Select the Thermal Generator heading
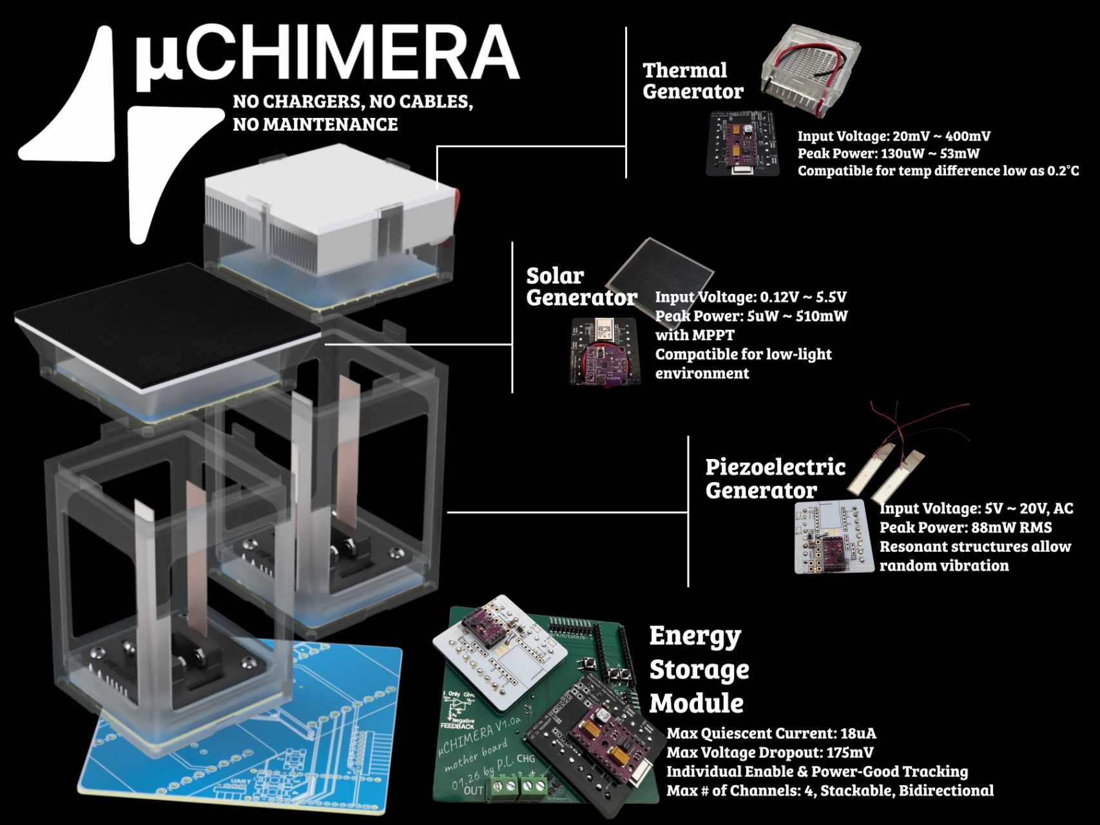coord(693,81)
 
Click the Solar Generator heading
coord(580,286)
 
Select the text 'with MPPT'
coord(694,335)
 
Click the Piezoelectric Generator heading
coord(774,478)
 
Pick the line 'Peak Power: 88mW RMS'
coord(965,527)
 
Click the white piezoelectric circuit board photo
coord(825,535)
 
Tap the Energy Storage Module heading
coord(699,669)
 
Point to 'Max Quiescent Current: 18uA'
coord(771,733)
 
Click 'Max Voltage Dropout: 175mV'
coord(769,752)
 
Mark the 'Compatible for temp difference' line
coord(938,171)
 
